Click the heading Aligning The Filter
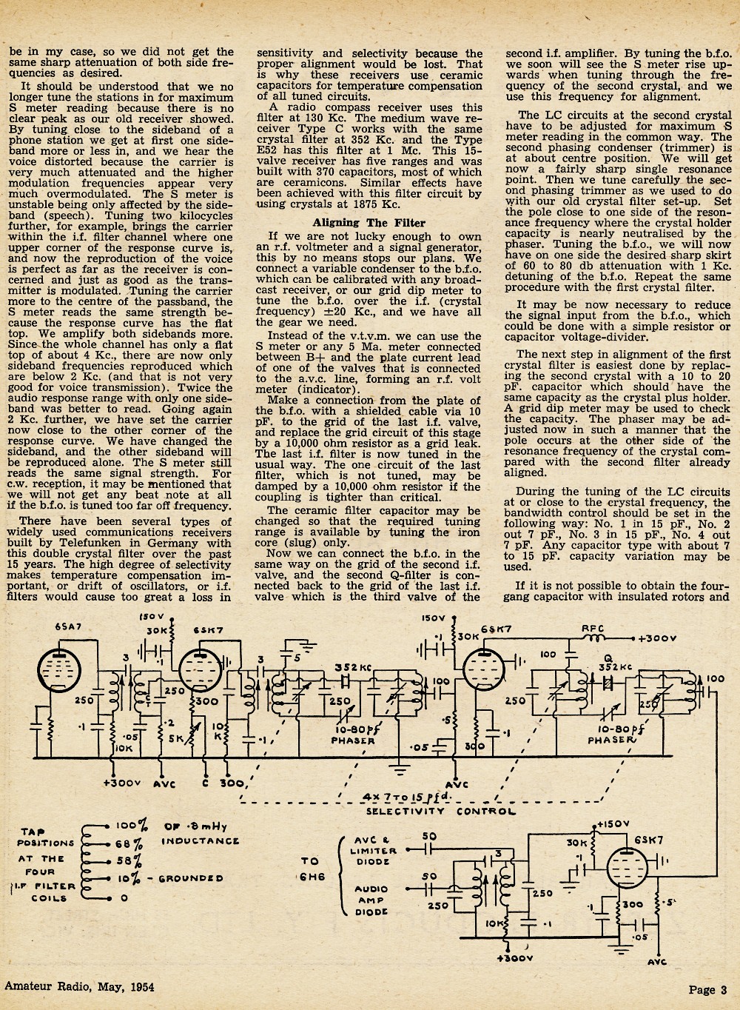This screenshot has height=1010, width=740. tap(369, 223)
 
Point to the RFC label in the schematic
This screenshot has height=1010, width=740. tap(593, 629)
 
